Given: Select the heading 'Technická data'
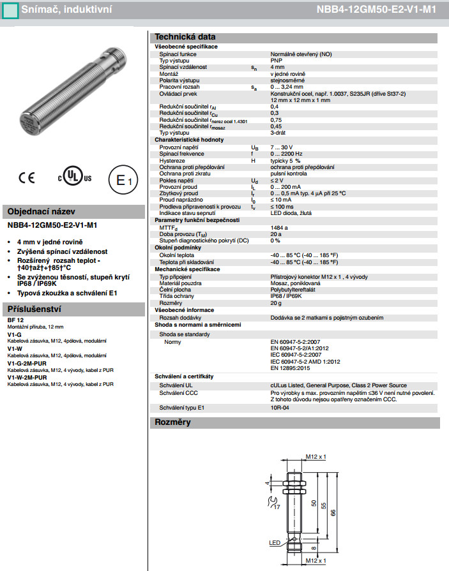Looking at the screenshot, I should coord(185,37).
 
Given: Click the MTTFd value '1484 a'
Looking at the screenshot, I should coord(280,227).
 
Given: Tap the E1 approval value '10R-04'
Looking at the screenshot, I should coord(280,406).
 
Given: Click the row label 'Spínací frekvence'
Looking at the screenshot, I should coord(182,154).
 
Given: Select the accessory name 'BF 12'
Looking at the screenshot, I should coord(16,320).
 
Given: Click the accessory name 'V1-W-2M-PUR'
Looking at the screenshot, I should coord(27,378).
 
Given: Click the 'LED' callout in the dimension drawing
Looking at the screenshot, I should coord(275,543).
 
